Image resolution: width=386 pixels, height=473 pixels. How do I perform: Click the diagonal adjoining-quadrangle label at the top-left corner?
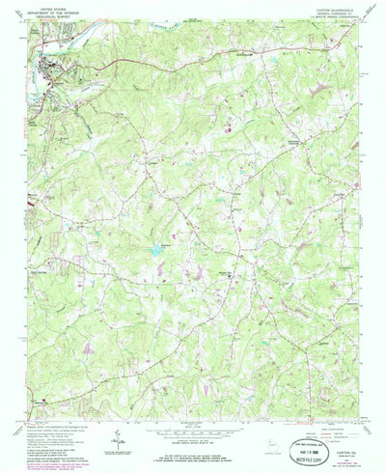coord(19,23)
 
